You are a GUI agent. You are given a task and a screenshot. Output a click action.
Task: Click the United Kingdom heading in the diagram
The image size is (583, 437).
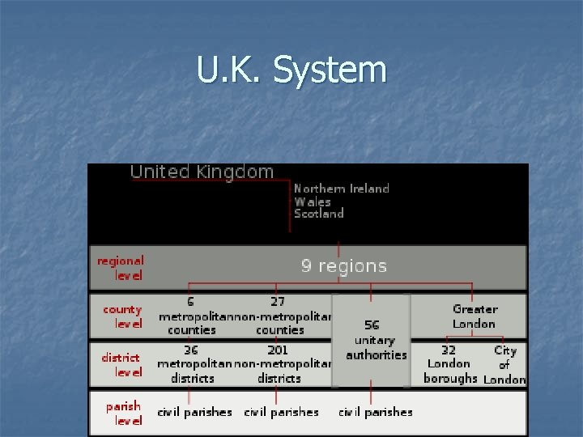click(202, 172)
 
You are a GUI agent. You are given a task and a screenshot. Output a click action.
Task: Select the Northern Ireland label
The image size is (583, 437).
click(341, 189)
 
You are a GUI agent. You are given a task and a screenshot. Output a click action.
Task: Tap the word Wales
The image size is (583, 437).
click(313, 202)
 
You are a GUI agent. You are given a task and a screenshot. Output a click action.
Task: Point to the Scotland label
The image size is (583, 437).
click(318, 214)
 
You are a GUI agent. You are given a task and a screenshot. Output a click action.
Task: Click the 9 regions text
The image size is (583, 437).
click(344, 266)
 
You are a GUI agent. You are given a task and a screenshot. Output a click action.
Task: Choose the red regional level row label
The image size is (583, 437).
click(121, 268)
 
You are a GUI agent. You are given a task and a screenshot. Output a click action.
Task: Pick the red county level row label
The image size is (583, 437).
click(122, 316)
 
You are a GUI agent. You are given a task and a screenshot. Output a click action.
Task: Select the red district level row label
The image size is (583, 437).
click(121, 364)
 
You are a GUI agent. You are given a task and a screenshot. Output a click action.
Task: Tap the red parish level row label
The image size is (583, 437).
click(123, 413)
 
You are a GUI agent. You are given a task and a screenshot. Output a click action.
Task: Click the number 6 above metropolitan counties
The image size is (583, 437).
click(191, 302)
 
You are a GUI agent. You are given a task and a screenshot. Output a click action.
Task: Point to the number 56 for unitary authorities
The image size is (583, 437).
click(372, 325)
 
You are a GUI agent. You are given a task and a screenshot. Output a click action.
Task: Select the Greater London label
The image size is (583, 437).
click(474, 316)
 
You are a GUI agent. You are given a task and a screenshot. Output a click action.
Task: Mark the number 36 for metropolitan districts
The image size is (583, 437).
click(191, 350)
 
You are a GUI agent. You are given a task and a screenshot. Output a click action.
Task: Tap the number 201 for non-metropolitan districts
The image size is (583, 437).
click(278, 350)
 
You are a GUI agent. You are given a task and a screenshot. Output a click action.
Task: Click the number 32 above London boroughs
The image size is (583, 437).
click(448, 350)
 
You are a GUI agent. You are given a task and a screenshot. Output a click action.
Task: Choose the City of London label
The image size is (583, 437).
click(504, 365)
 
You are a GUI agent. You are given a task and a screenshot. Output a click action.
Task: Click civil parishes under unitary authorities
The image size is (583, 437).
click(375, 412)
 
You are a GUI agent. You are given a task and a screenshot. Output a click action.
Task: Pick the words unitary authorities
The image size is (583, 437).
click(376, 348)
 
